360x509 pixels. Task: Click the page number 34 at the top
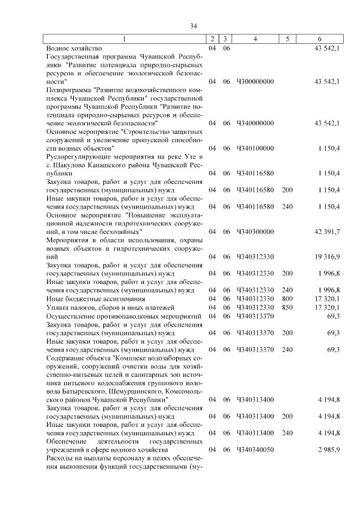pyautogui.click(x=193, y=26)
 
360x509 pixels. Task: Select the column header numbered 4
pyautogui.click(x=255, y=39)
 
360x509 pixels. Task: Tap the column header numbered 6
pyautogui.click(x=319, y=39)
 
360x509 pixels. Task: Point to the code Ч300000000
pyautogui.click(x=255, y=82)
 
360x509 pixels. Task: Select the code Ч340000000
pyautogui.click(x=255, y=123)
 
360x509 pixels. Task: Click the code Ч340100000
pyautogui.click(x=255, y=148)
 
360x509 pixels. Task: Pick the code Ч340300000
pyautogui.click(x=255, y=231)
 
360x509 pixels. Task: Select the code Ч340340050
pyautogui.click(x=255, y=450)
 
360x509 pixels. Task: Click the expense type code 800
pyautogui.click(x=287, y=299)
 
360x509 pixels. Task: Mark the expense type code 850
pyautogui.click(x=287, y=308)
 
